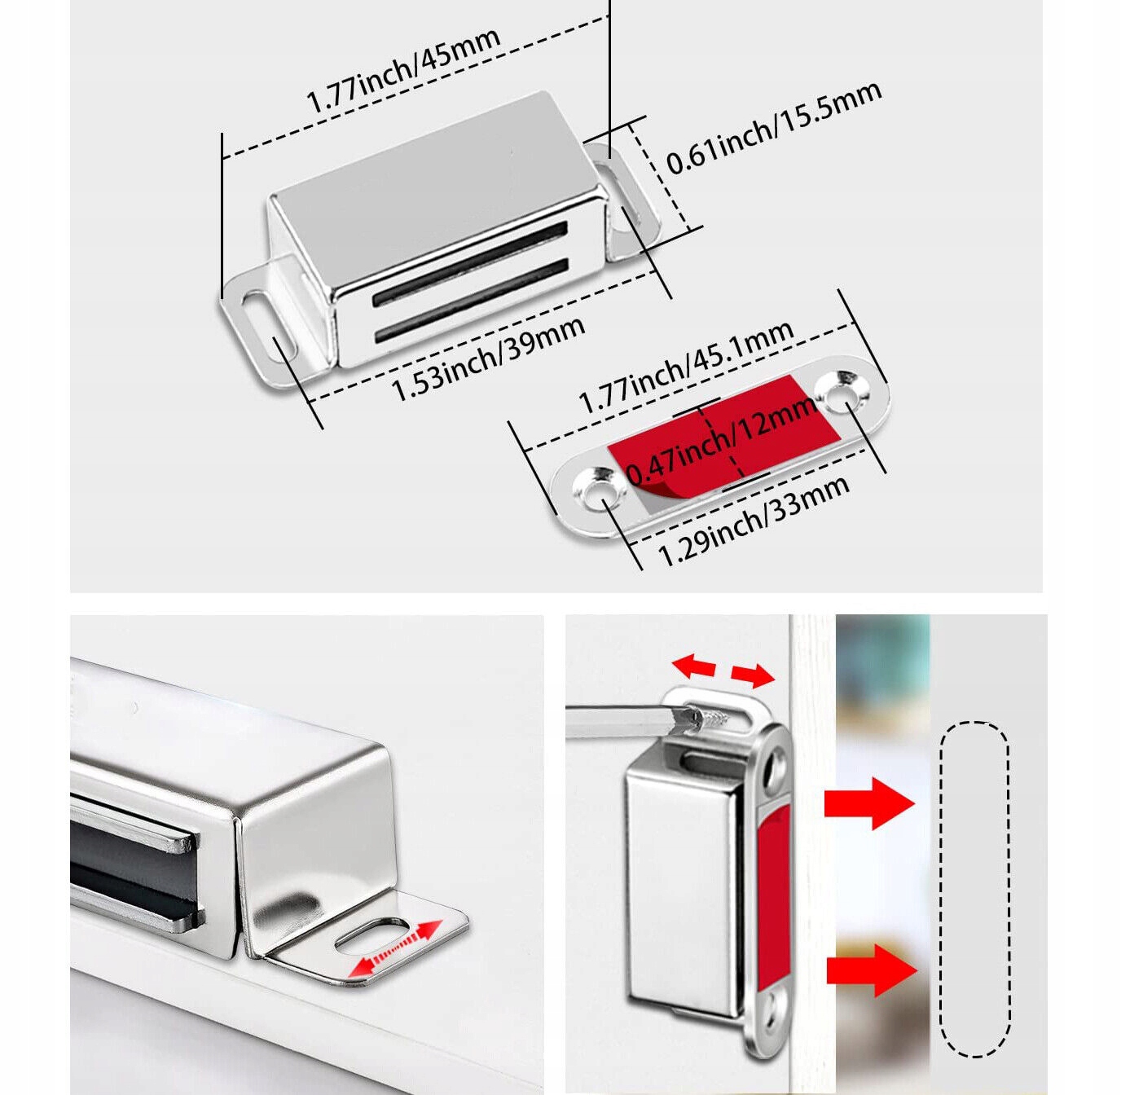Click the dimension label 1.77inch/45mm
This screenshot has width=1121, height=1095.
(x=402, y=72)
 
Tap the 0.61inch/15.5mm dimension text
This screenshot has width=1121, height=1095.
(x=774, y=128)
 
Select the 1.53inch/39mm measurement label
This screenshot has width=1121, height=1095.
(x=488, y=359)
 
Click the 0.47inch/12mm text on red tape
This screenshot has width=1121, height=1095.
(x=720, y=441)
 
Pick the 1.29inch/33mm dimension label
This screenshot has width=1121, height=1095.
(x=753, y=521)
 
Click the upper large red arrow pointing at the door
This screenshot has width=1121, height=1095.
(x=869, y=803)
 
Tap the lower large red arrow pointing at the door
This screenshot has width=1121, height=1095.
(x=871, y=970)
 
